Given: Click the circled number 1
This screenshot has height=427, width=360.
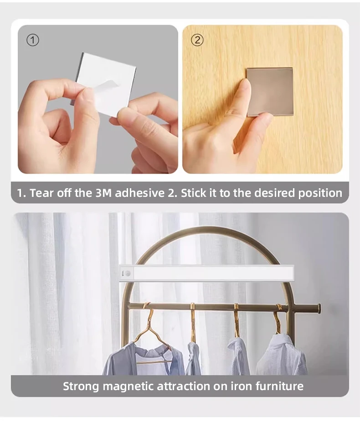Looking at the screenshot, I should [32, 40].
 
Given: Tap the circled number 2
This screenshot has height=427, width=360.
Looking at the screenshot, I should [197, 40].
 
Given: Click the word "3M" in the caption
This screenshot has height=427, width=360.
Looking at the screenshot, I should [103, 193].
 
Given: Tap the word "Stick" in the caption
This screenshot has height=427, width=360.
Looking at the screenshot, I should [194, 193].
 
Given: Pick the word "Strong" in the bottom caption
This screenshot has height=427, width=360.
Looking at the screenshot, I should [81, 386].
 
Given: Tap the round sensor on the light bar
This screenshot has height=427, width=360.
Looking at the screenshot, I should [128, 273].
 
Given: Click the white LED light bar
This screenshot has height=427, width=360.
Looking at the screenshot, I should [210, 273].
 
